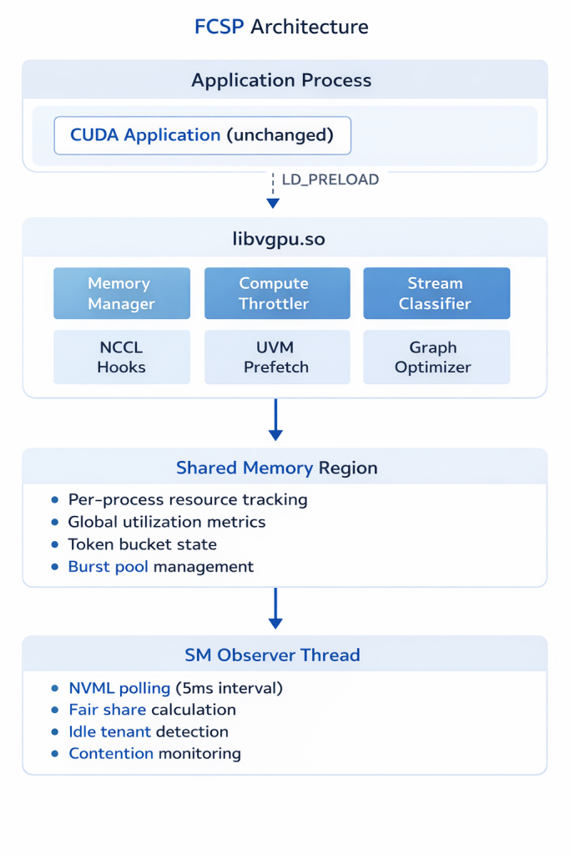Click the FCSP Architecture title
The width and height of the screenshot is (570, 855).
(x=281, y=27)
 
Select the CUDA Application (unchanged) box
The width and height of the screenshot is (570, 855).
(x=202, y=135)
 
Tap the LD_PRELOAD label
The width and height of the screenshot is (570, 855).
(x=330, y=180)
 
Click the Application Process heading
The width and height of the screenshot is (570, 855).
(x=281, y=81)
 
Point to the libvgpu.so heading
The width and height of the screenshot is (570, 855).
(x=279, y=240)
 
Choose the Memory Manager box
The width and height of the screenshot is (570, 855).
(x=122, y=293)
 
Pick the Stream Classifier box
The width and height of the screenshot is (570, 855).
(x=436, y=293)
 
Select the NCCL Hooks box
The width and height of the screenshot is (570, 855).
(x=122, y=357)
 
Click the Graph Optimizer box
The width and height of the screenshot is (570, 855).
(x=436, y=357)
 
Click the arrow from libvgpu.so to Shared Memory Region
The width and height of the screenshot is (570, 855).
(x=275, y=419)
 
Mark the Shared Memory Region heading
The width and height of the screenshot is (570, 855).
(x=277, y=468)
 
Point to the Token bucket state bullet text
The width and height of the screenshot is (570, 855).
(x=143, y=544)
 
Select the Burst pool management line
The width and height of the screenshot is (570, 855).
(x=161, y=566)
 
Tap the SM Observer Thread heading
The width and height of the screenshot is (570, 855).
(x=272, y=655)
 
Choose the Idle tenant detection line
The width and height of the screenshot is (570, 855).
(x=149, y=731)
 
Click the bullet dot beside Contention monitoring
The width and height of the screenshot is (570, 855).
(x=55, y=754)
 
